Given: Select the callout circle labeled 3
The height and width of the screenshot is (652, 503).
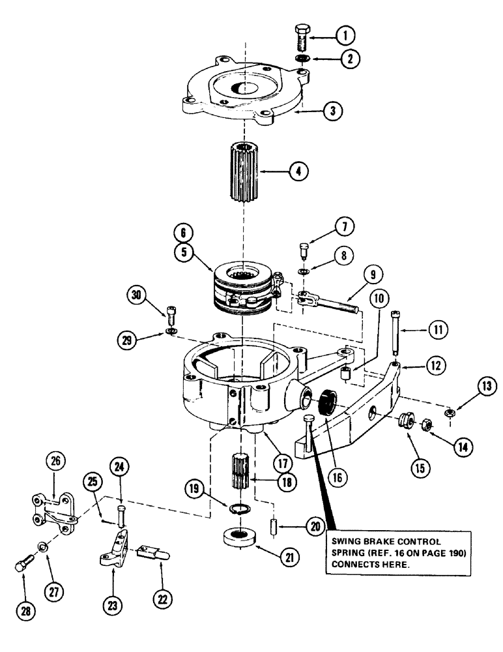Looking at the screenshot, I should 333,110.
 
